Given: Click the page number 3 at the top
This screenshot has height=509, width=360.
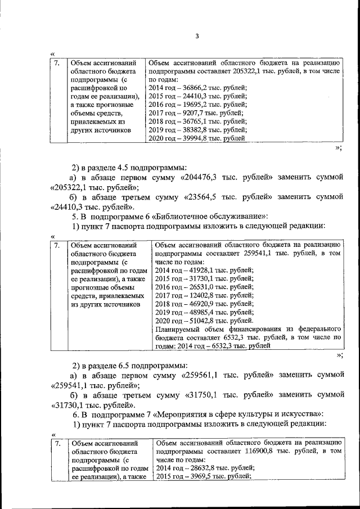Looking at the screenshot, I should point(197,37).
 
